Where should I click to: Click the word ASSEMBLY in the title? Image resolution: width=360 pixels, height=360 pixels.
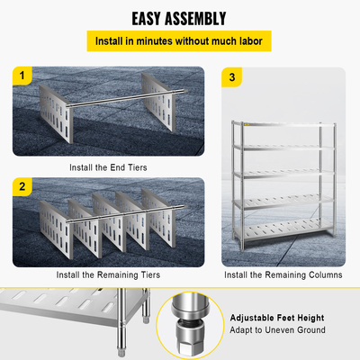pyautogui.click(x=195, y=19)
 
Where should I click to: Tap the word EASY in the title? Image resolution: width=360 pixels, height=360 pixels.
pyautogui.click(x=146, y=19)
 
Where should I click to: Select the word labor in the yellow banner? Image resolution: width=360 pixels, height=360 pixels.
pyautogui.click(x=251, y=41)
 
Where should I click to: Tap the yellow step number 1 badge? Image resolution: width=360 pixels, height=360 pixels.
pyautogui.click(x=22, y=76)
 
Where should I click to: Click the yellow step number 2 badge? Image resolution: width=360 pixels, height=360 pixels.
pyautogui.click(x=22, y=186)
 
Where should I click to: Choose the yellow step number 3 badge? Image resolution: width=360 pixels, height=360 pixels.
pyautogui.click(x=231, y=77)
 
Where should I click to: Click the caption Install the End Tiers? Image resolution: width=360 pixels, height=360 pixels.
pyautogui.click(x=108, y=167)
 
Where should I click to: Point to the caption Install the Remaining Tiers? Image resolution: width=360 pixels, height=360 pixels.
pyautogui.click(x=108, y=274)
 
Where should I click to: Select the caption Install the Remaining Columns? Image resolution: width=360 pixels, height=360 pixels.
pyautogui.click(x=283, y=274)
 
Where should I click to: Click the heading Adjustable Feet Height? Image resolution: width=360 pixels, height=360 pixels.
pyautogui.click(x=277, y=318)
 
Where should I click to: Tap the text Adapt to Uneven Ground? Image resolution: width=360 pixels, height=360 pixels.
pyautogui.click(x=277, y=330)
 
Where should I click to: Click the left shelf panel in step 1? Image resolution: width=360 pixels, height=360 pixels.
pyautogui.click(x=57, y=113)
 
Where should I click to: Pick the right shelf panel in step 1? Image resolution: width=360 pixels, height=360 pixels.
pyautogui.click(x=158, y=102)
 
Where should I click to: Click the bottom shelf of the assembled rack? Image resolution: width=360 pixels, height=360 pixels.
pyautogui.click(x=283, y=229)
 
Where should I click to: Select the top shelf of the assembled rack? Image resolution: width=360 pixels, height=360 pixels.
pyautogui.click(x=283, y=124)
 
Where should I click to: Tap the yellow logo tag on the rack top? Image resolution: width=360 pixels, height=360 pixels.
pyautogui.click(x=247, y=124)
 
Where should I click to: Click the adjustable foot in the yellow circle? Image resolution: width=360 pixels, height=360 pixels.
pyautogui.click(x=190, y=327)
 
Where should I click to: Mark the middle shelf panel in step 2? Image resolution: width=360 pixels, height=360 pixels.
pyautogui.click(x=110, y=222)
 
